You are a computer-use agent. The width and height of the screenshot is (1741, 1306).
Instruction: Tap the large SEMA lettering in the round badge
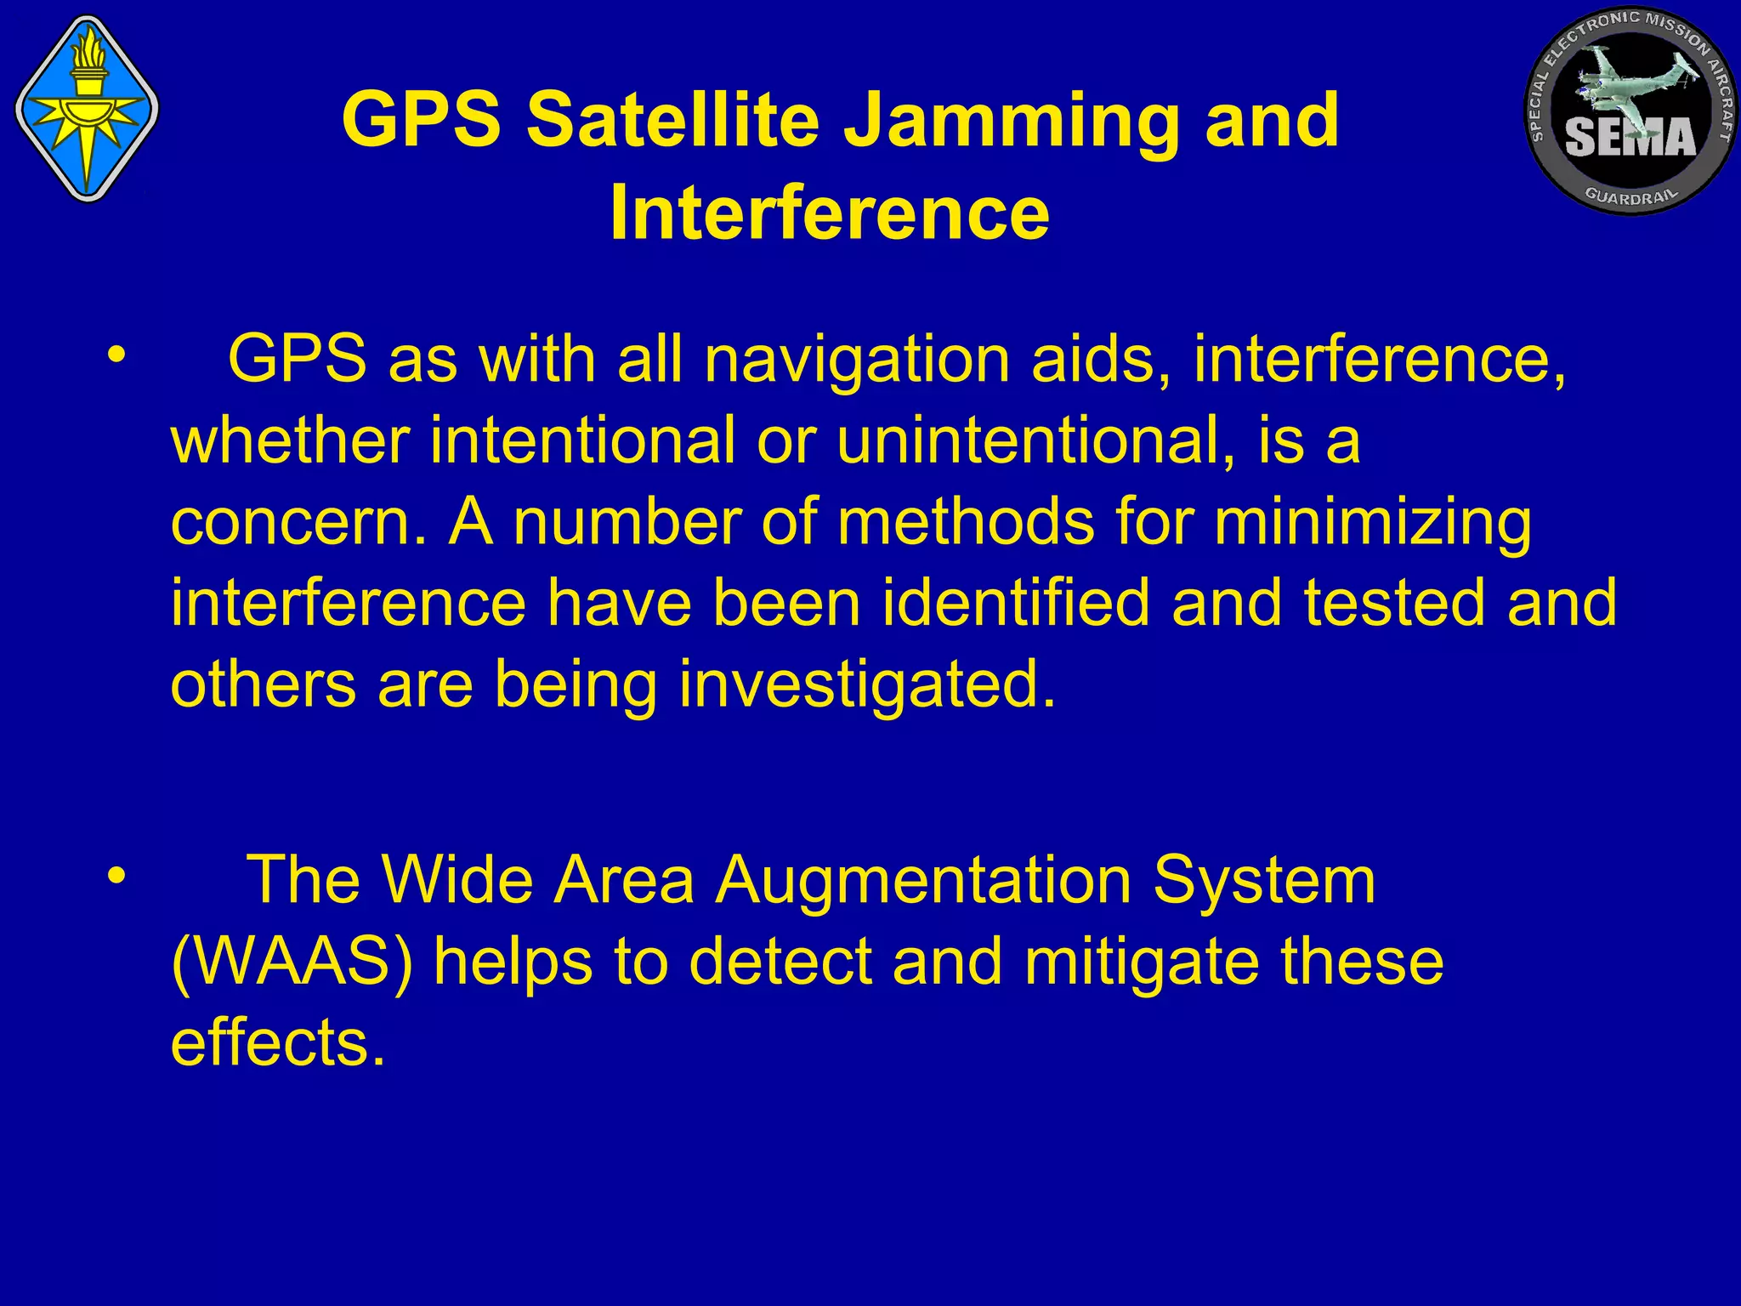click(x=1630, y=138)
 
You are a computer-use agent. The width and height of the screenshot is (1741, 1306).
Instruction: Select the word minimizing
click(x=1373, y=524)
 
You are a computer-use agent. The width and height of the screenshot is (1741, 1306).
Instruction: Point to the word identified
click(x=1015, y=603)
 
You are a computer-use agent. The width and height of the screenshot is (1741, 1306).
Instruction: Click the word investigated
click(x=867, y=685)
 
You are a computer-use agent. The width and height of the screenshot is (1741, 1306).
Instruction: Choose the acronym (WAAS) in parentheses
click(x=292, y=962)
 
